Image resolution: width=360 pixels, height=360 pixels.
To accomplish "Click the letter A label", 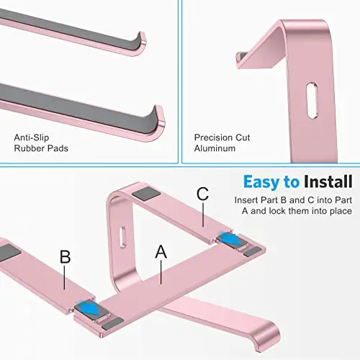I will tap(161, 251).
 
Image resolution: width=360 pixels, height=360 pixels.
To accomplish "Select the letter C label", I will tap(202, 193).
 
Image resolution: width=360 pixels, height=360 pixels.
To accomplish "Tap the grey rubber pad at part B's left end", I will tap(7, 253).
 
